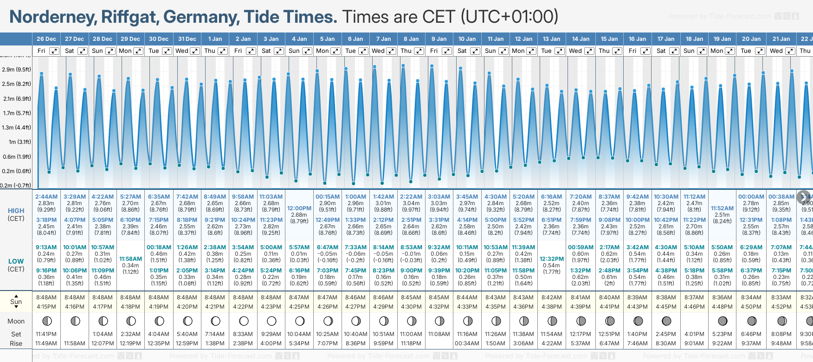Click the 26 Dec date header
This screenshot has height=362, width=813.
click(46, 39)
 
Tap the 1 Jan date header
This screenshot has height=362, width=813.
click(215, 39)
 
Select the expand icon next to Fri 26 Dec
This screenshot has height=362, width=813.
click(54, 51)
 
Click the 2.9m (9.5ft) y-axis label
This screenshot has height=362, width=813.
click(17, 70)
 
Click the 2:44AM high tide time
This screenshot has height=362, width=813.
click(46, 197)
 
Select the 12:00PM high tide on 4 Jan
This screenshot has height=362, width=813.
click(299, 208)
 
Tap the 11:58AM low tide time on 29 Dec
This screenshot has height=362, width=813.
click(130, 259)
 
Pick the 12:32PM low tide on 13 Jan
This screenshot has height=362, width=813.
click(552, 259)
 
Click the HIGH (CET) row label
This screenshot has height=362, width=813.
click(16, 214)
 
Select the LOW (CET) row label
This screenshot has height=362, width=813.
click(16, 265)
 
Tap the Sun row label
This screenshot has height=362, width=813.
click(16, 302)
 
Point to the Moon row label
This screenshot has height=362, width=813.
click(16, 321)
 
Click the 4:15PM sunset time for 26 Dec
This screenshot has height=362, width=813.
click(46, 307)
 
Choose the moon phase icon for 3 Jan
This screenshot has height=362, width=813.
click(271, 321)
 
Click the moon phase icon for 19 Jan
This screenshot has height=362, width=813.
click(723, 321)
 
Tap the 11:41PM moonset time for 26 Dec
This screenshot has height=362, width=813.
click(46, 334)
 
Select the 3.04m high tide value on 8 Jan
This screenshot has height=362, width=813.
click(411, 203)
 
